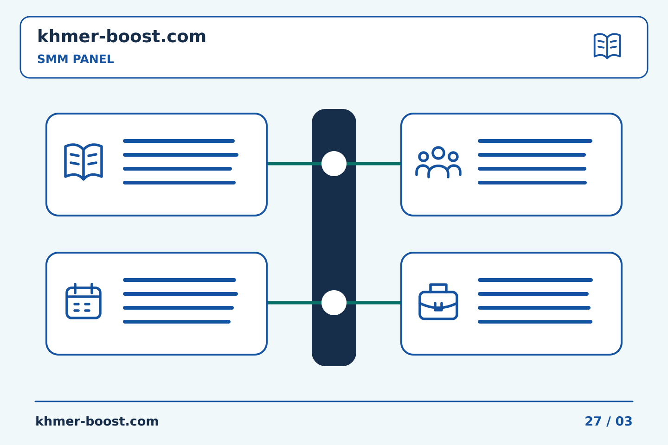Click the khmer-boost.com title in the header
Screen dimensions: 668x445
click(x=122, y=37)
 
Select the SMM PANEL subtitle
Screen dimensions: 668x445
click(x=76, y=59)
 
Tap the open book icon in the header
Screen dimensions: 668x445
click(x=607, y=46)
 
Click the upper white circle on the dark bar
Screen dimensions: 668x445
click(x=334, y=164)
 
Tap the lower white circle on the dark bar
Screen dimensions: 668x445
click(x=334, y=303)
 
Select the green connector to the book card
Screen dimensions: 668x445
click(x=294, y=164)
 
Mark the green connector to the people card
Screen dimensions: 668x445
click(x=374, y=164)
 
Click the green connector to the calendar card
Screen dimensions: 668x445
click(x=294, y=303)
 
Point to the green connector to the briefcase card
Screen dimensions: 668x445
click(x=374, y=303)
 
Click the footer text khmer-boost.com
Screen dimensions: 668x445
click(x=97, y=421)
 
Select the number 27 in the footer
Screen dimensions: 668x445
click(x=593, y=421)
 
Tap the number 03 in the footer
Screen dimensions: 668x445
click(x=624, y=421)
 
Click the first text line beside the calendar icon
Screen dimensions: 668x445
click(x=180, y=280)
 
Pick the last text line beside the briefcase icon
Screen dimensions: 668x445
click(x=535, y=322)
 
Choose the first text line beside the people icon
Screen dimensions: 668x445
click(x=535, y=141)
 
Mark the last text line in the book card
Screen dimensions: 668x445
click(x=179, y=183)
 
